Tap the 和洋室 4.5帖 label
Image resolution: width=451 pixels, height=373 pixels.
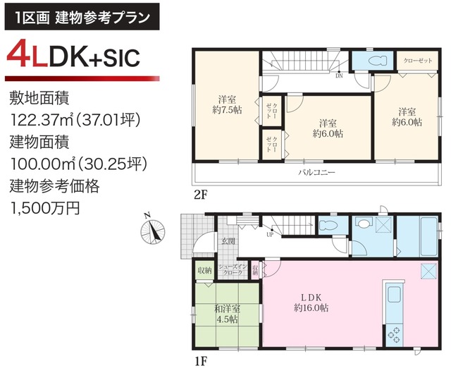pyautogui.click(x=227, y=314)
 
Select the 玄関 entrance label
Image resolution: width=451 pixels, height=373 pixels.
pyautogui.click(x=228, y=241)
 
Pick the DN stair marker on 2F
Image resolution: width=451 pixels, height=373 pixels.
pyautogui.click(x=339, y=76)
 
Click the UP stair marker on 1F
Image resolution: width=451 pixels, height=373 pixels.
pyautogui.click(x=269, y=235)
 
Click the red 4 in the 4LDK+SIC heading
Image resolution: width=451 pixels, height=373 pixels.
pyautogui.click(x=22, y=56)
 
